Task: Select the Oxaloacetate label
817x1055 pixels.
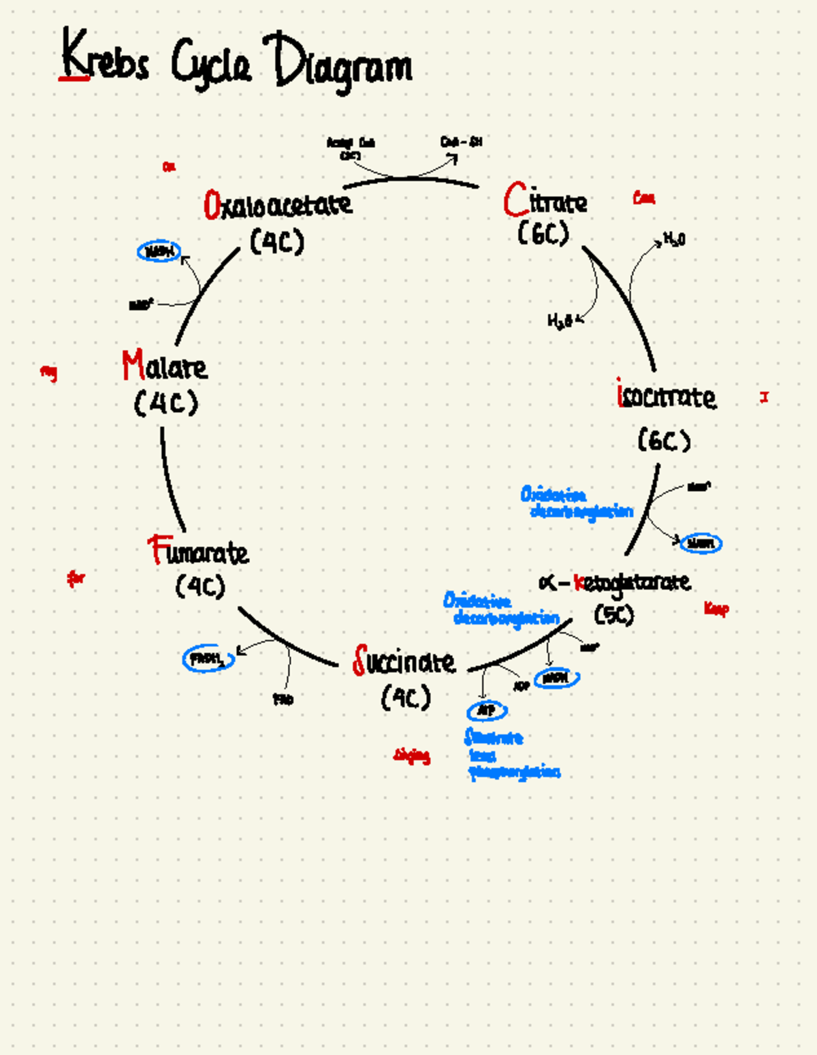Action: point(278,204)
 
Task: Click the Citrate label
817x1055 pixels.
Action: point(545,200)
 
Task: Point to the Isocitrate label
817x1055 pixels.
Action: point(666,396)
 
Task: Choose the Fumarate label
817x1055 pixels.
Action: point(198,551)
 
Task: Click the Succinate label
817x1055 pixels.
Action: point(404,661)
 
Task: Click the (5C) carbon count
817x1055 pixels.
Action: point(613,614)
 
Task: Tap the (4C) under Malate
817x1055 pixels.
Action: point(166,403)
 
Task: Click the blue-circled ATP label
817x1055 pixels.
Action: point(486,710)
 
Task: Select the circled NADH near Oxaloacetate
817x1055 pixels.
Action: point(159,251)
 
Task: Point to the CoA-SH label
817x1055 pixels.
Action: point(461,142)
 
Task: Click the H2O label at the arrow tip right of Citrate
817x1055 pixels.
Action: point(674,239)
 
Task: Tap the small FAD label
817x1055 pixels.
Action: point(283,699)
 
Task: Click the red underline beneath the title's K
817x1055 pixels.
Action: point(74,78)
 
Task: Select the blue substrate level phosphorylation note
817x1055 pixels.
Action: point(512,755)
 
